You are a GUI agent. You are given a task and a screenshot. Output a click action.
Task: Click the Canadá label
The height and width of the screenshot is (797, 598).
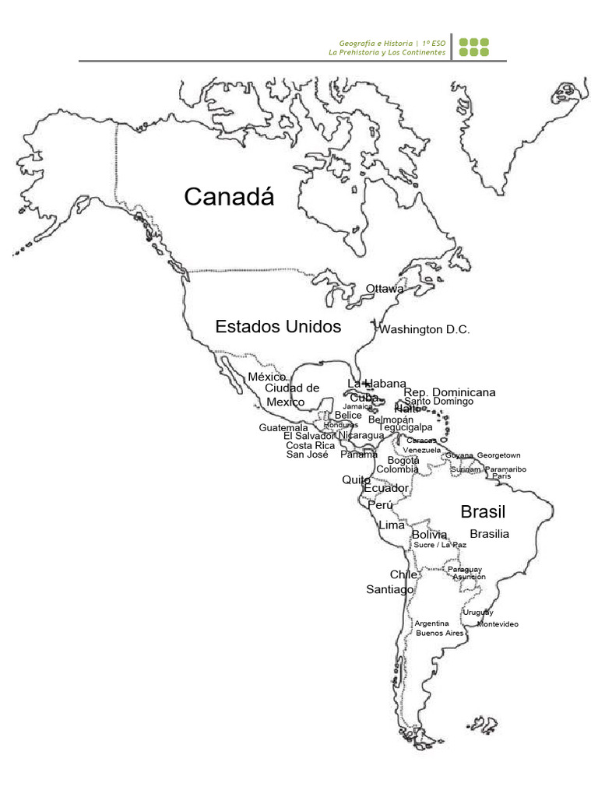229,198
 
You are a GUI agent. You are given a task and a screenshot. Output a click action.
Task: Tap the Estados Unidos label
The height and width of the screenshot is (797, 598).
278,327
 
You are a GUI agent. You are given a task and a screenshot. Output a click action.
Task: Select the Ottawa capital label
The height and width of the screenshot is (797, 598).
385,289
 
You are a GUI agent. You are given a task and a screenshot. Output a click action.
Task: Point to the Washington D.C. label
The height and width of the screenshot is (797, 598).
424,330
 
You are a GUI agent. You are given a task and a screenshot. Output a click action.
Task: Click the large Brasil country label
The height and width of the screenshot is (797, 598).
483,512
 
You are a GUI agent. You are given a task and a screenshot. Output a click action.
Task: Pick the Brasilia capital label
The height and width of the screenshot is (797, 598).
489,534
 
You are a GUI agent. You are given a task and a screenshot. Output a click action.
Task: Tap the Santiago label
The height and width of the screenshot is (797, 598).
390,590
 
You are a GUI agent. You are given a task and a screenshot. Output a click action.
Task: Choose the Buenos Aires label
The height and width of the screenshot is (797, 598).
439,634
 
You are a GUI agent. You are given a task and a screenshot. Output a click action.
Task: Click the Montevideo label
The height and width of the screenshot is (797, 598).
498,624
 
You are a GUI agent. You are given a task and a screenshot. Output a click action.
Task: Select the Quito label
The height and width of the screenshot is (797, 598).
356,480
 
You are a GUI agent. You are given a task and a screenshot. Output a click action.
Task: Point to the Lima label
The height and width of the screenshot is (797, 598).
392,525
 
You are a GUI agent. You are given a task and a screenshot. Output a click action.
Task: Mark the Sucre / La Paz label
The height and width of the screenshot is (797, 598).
440,545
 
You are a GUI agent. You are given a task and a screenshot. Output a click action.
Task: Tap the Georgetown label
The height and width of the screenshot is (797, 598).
498,455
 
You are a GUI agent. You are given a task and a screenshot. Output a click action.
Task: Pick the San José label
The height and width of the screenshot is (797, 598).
307,455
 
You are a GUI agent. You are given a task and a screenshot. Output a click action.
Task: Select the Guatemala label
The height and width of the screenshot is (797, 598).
283,428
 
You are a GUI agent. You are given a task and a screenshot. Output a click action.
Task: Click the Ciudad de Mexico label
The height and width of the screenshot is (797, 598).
291,395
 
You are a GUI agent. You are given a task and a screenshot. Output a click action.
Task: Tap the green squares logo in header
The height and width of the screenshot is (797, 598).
473,47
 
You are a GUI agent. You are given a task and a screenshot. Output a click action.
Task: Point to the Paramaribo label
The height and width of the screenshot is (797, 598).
505,469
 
